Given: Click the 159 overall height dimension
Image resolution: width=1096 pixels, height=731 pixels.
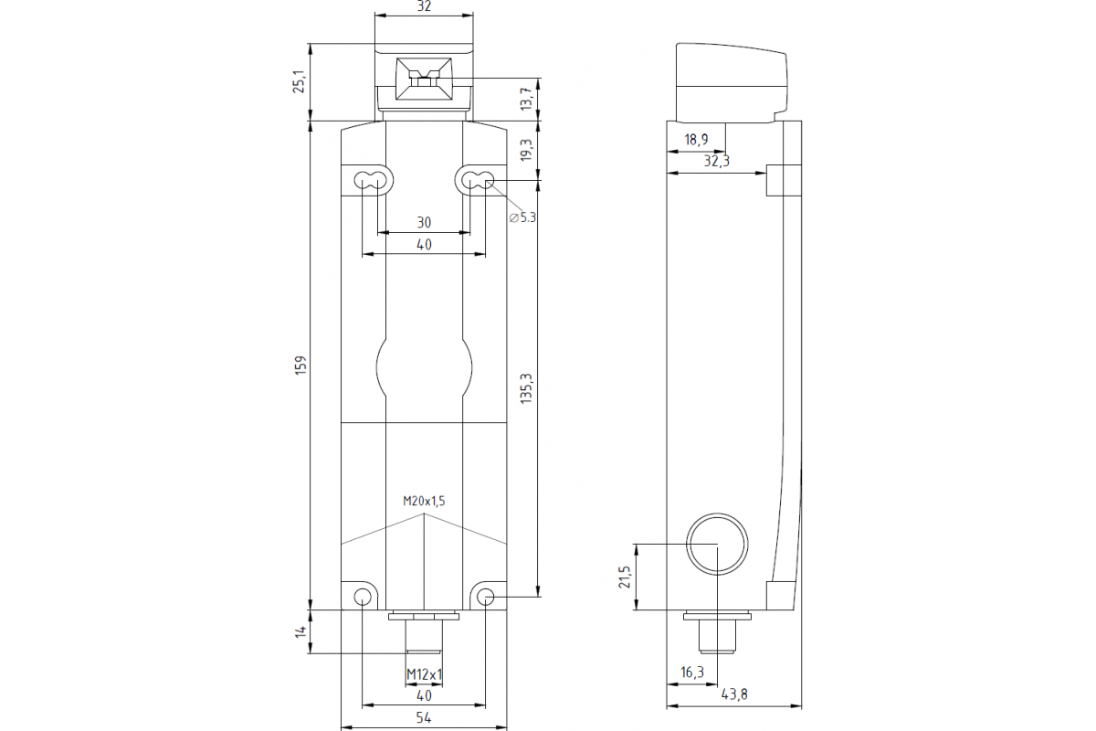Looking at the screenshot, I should (300, 364).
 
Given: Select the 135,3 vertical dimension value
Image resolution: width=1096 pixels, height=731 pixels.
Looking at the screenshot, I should (525, 388).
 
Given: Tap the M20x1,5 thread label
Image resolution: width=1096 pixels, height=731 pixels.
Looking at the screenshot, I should (424, 501).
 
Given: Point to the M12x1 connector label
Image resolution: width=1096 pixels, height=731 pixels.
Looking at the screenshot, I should (424, 674).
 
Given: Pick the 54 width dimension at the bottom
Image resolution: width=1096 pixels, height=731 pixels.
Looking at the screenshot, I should (424, 719).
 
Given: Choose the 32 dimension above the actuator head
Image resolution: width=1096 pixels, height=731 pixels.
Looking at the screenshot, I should (424, 6).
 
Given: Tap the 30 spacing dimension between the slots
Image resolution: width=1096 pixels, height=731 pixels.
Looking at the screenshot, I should (424, 222).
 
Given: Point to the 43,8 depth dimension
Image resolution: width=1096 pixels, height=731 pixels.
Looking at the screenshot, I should (733, 694).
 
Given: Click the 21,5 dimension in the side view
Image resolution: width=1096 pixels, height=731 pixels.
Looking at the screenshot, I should (625, 577).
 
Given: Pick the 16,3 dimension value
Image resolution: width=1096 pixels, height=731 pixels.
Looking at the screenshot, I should (692, 673).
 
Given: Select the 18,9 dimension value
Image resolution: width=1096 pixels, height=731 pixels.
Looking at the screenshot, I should (696, 140).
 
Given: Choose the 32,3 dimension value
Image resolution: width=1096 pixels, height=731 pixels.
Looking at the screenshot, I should (718, 161).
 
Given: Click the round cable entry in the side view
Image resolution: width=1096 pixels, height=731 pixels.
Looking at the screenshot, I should (717, 544).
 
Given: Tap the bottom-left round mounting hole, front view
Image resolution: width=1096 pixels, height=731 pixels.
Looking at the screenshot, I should (363, 598).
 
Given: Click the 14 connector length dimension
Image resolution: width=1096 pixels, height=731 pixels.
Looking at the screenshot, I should (300, 630).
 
